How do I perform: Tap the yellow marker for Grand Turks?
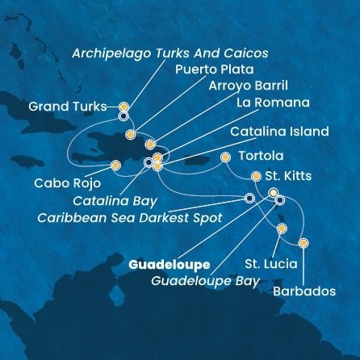[123, 106]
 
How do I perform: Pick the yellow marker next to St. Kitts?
[256, 176]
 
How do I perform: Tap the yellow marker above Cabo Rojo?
[115, 166]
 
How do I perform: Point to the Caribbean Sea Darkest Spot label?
[141, 216]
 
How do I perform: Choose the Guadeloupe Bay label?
[205, 281]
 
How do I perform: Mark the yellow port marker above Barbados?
[303, 243]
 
